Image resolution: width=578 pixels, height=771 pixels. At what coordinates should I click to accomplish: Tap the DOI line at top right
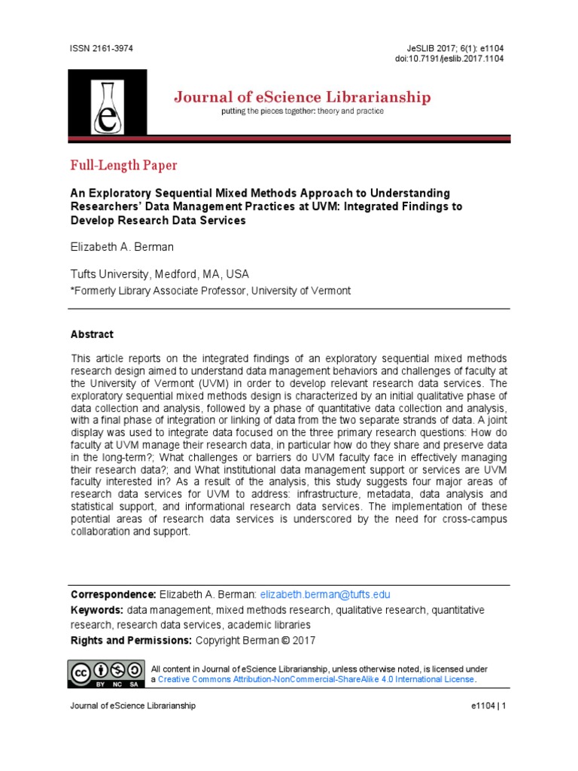(x=449, y=59)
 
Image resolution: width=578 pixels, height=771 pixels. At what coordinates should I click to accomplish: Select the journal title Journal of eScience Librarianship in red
(x=303, y=97)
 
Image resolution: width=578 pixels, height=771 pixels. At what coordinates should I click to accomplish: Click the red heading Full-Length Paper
(x=124, y=165)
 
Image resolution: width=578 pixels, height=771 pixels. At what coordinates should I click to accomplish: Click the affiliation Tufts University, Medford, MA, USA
(x=160, y=274)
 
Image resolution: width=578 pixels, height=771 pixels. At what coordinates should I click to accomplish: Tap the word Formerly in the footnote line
(x=96, y=291)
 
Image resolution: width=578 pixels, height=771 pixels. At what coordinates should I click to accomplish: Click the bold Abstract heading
(x=92, y=334)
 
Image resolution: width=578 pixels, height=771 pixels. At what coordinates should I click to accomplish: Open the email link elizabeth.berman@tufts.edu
(x=325, y=595)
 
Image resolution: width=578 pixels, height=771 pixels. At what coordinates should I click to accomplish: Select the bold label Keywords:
(x=96, y=610)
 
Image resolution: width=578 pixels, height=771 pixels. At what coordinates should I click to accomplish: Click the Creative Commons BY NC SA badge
(x=107, y=673)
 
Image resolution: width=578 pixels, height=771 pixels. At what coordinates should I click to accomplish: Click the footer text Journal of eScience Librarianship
(x=133, y=705)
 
